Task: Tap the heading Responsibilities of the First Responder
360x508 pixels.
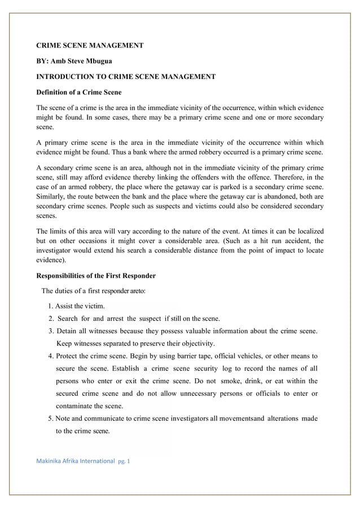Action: pyautogui.click(x=96, y=276)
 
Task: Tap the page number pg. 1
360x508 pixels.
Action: pyautogui.click(x=124, y=461)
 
